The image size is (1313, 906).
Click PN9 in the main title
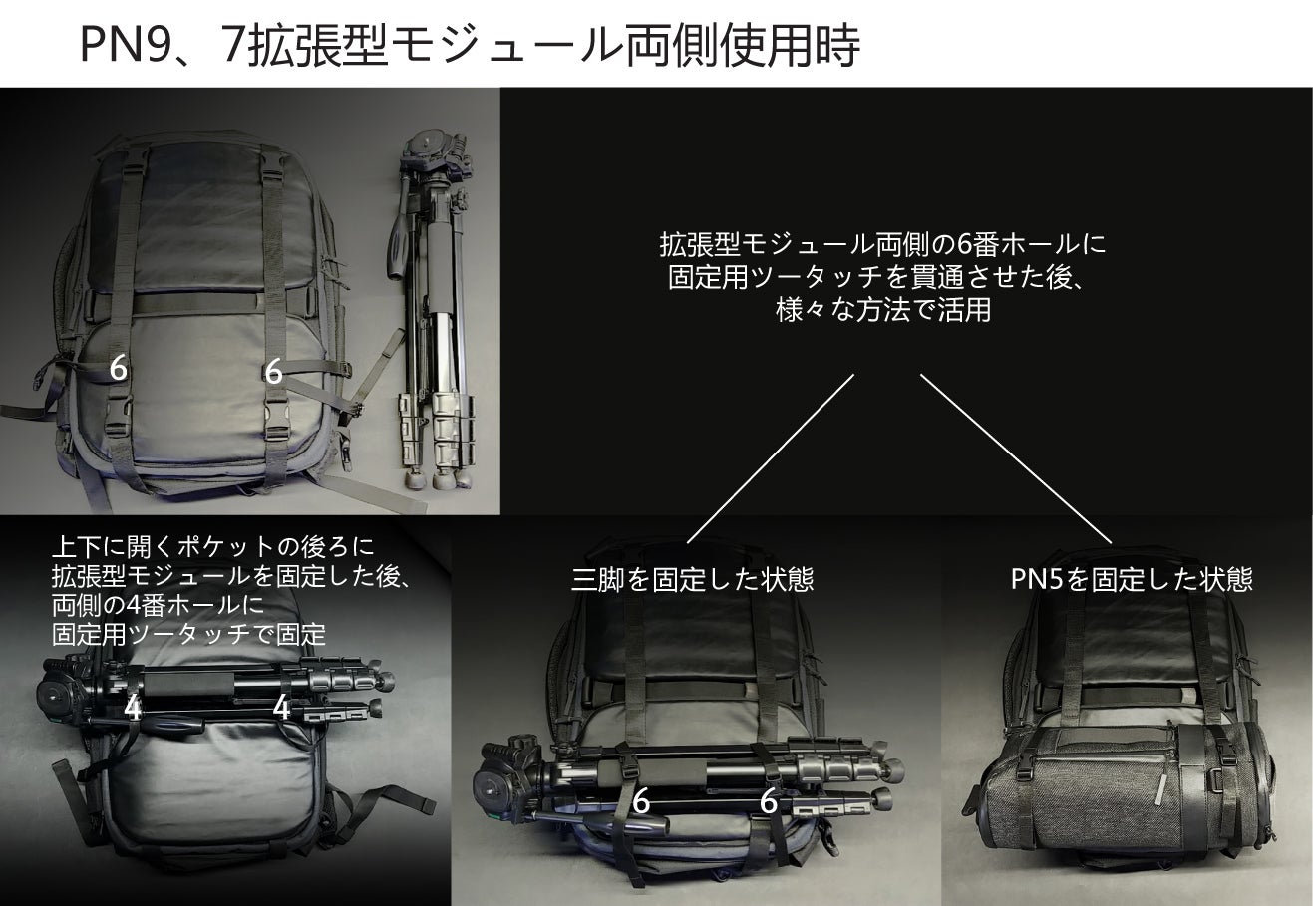(121, 45)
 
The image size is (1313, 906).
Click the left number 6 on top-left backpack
(118, 368)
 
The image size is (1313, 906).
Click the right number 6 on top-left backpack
(273, 371)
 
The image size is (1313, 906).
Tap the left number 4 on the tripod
(133, 708)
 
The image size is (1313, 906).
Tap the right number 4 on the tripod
(282, 708)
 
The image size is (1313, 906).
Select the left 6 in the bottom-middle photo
(641, 801)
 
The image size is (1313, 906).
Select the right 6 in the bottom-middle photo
(769, 801)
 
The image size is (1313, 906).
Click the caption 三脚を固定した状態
(692, 580)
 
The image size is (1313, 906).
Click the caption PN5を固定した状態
(1132, 579)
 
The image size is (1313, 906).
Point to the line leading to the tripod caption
(771, 458)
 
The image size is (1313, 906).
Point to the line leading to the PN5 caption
(1016, 459)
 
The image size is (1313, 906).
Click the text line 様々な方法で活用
(882, 309)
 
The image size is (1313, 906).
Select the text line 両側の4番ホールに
(159, 605)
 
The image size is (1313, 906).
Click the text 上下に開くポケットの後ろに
(212, 547)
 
